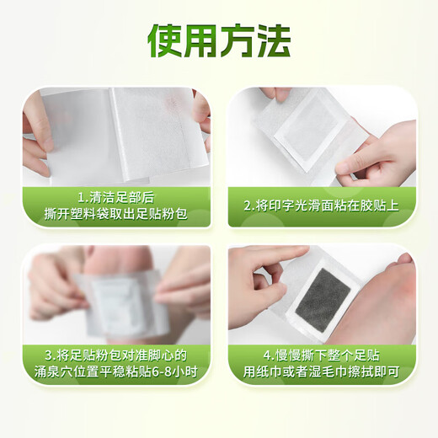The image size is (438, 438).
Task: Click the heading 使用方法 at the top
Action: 219,39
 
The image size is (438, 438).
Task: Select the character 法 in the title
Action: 273,39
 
